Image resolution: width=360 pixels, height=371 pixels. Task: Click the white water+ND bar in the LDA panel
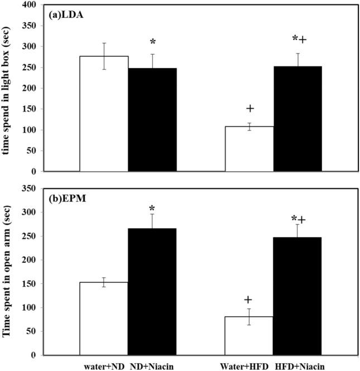click(104, 114)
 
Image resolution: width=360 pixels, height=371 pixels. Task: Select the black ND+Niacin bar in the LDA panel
click(152, 120)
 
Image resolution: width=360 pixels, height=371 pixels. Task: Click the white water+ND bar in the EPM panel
click(104, 318)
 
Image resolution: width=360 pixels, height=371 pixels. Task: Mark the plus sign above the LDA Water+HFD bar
click(250, 108)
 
